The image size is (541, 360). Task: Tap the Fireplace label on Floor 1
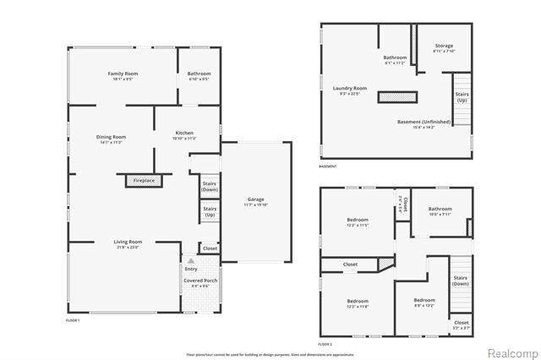(144, 180)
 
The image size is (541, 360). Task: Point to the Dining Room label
(112, 139)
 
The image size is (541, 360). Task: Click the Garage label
(255, 201)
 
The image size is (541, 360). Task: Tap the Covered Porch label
(199, 282)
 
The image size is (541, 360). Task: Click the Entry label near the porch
(191, 269)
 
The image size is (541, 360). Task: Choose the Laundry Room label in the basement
(349, 90)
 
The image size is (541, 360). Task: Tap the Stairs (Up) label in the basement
(462, 97)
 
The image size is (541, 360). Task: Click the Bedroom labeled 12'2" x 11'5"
(358, 221)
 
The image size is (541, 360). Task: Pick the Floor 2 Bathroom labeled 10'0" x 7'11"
(440, 211)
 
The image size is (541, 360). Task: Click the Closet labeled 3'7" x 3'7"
(462, 325)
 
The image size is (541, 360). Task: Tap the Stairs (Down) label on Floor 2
(460, 280)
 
